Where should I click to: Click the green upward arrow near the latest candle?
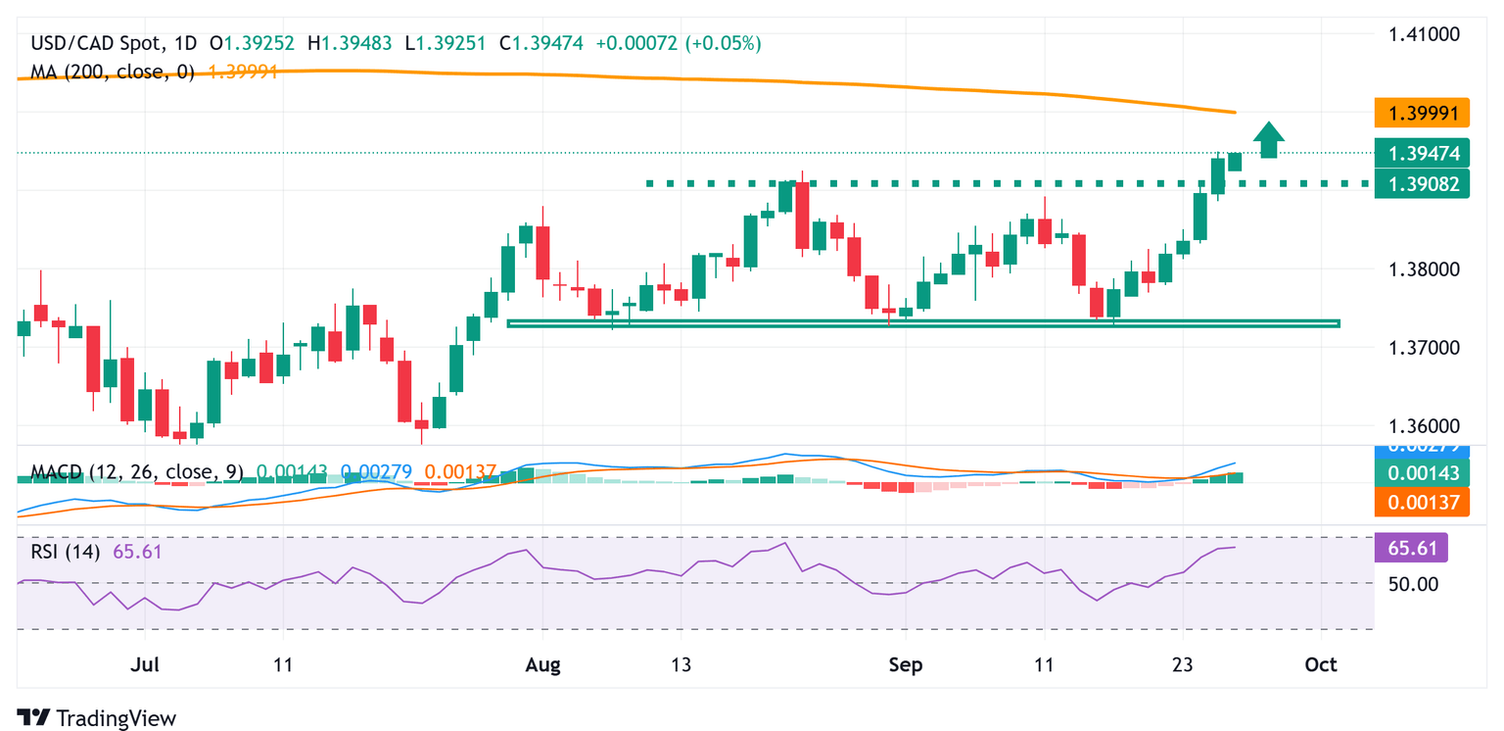click(x=1269, y=139)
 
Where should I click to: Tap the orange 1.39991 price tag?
click(x=1422, y=114)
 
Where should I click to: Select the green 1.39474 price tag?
click(x=1422, y=154)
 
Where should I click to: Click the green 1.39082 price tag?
click(x=1422, y=183)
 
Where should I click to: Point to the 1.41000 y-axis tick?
click(x=1424, y=34)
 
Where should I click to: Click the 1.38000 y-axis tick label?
click(x=1424, y=269)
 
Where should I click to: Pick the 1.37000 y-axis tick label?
click(x=1424, y=348)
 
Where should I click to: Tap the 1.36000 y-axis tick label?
click(x=1424, y=426)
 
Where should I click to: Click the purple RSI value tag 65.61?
click(x=1412, y=548)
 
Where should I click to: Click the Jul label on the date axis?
click(x=144, y=665)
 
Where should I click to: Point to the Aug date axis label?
click(x=542, y=665)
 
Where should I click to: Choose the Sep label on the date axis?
click(x=906, y=665)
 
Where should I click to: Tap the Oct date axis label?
click(x=1321, y=665)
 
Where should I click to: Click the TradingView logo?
click(x=97, y=717)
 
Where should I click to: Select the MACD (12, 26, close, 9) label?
click(x=137, y=472)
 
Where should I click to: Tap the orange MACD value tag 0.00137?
click(x=1422, y=504)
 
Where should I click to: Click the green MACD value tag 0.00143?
click(x=1422, y=474)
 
